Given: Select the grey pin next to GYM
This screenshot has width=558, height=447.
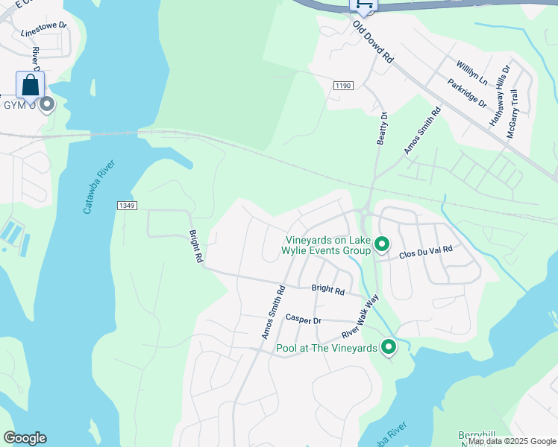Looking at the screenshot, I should [x=47, y=104].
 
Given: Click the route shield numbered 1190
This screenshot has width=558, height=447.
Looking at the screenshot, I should [x=342, y=86].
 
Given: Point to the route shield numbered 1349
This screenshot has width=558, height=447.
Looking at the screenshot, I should [x=126, y=205].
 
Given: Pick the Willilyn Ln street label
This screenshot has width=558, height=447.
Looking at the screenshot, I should [x=472, y=72].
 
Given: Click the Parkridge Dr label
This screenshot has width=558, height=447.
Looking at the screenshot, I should [x=467, y=92].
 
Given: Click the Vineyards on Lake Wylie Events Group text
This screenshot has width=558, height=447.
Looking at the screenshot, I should [x=328, y=245].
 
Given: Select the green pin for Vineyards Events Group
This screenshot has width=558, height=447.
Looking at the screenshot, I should [x=382, y=244].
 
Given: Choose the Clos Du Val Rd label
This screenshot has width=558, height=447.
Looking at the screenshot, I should [x=426, y=252].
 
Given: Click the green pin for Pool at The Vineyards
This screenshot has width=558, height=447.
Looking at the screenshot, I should [x=389, y=347].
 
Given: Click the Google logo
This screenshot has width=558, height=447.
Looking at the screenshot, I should [x=25, y=438].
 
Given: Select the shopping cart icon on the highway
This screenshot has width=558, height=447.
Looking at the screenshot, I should [x=363, y=4].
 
